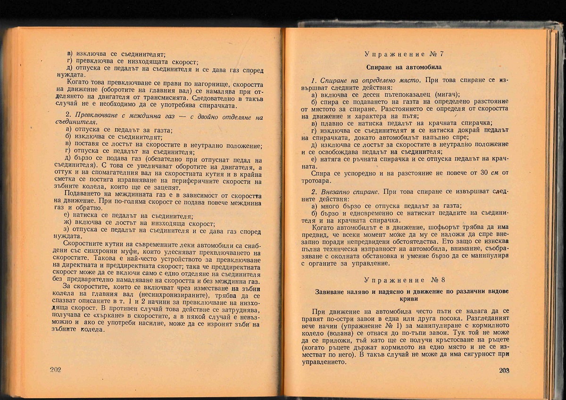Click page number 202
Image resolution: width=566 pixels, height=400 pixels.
(55, 369)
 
